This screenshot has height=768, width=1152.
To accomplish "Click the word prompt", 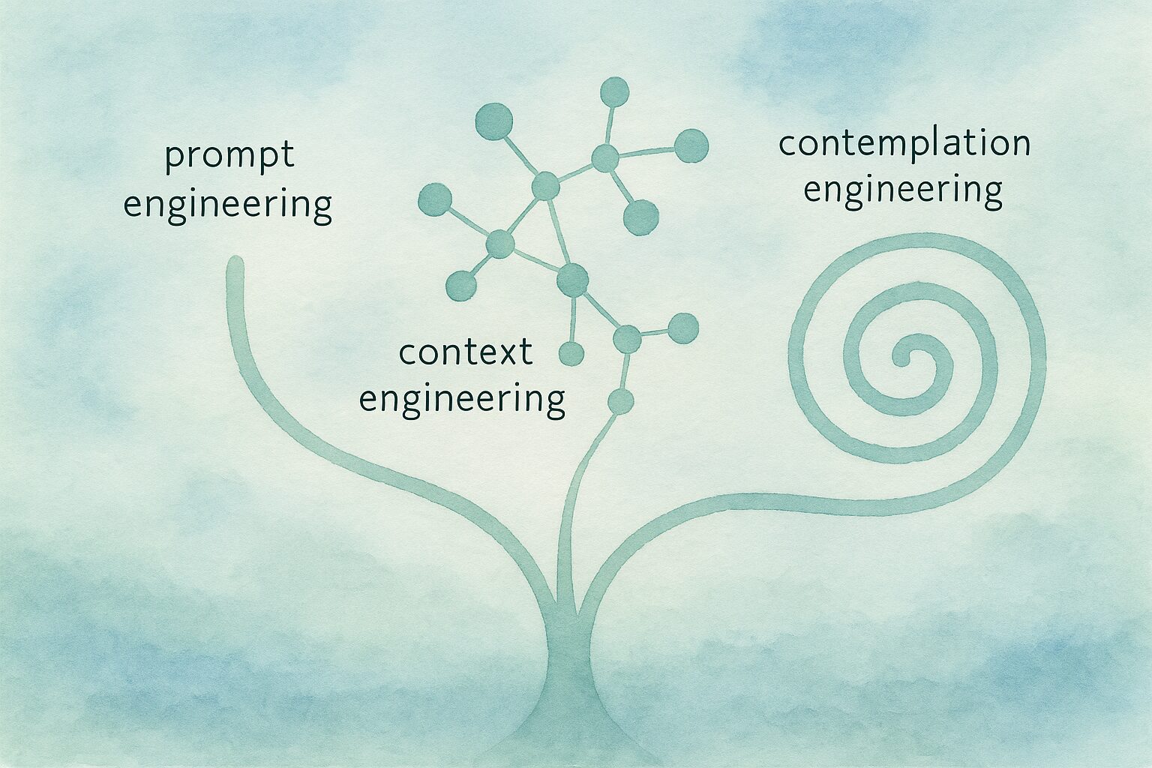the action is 229,157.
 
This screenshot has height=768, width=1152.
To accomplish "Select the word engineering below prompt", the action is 227,205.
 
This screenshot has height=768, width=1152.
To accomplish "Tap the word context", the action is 466,352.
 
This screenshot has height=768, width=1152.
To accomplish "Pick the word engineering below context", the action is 462,400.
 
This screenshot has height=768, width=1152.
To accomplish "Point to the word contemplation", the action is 904,143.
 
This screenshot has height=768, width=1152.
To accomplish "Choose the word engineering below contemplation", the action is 903,190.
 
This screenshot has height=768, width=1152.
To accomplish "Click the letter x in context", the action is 506,354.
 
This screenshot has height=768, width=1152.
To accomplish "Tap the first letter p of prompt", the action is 175,157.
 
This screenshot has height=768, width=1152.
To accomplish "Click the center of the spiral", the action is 902,358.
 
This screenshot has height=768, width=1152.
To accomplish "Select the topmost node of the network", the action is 614,92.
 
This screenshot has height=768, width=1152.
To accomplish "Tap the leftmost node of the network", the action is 435,199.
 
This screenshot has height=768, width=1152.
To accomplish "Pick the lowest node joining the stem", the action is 621,402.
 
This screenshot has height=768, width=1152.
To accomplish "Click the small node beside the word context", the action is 571,354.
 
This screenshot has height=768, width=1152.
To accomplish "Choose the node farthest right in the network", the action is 691,146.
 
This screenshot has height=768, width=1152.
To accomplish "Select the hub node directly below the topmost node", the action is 605,158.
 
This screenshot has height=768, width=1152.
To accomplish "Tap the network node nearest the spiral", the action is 683,328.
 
